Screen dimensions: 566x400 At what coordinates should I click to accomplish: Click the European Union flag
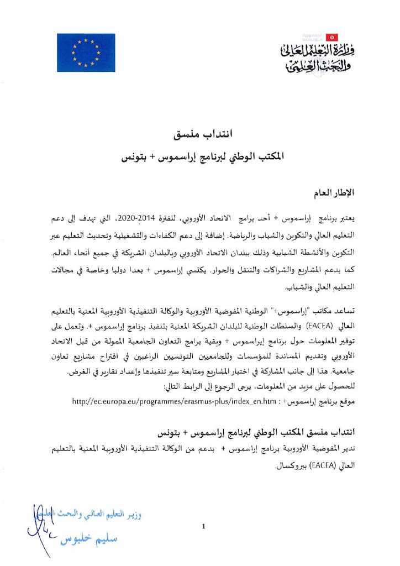click(86, 53)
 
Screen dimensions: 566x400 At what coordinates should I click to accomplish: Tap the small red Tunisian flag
click(332, 37)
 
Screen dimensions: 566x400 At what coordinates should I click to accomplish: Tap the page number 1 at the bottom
click(204, 526)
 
